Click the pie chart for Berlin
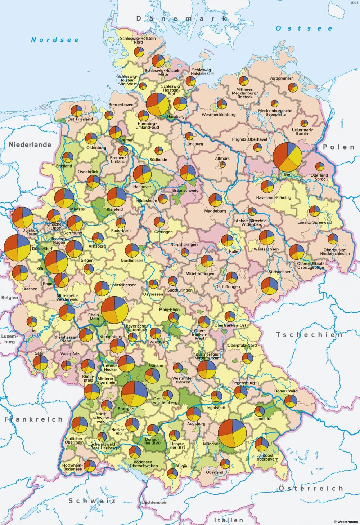tap(287, 157)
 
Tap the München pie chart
tap(232, 433)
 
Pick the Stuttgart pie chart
tap(134, 393)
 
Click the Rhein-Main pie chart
tap(115, 310)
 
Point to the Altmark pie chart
tap(222, 165)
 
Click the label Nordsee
tap(55, 40)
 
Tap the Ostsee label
tap(304, 28)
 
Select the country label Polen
tap(338, 147)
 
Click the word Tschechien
tap(309, 335)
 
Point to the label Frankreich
tap(33, 419)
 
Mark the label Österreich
tap(311, 488)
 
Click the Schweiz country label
tap(92, 501)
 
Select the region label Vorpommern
tap(281, 78)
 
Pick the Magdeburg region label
tap(215, 211)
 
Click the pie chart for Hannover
tap(142, 174)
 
